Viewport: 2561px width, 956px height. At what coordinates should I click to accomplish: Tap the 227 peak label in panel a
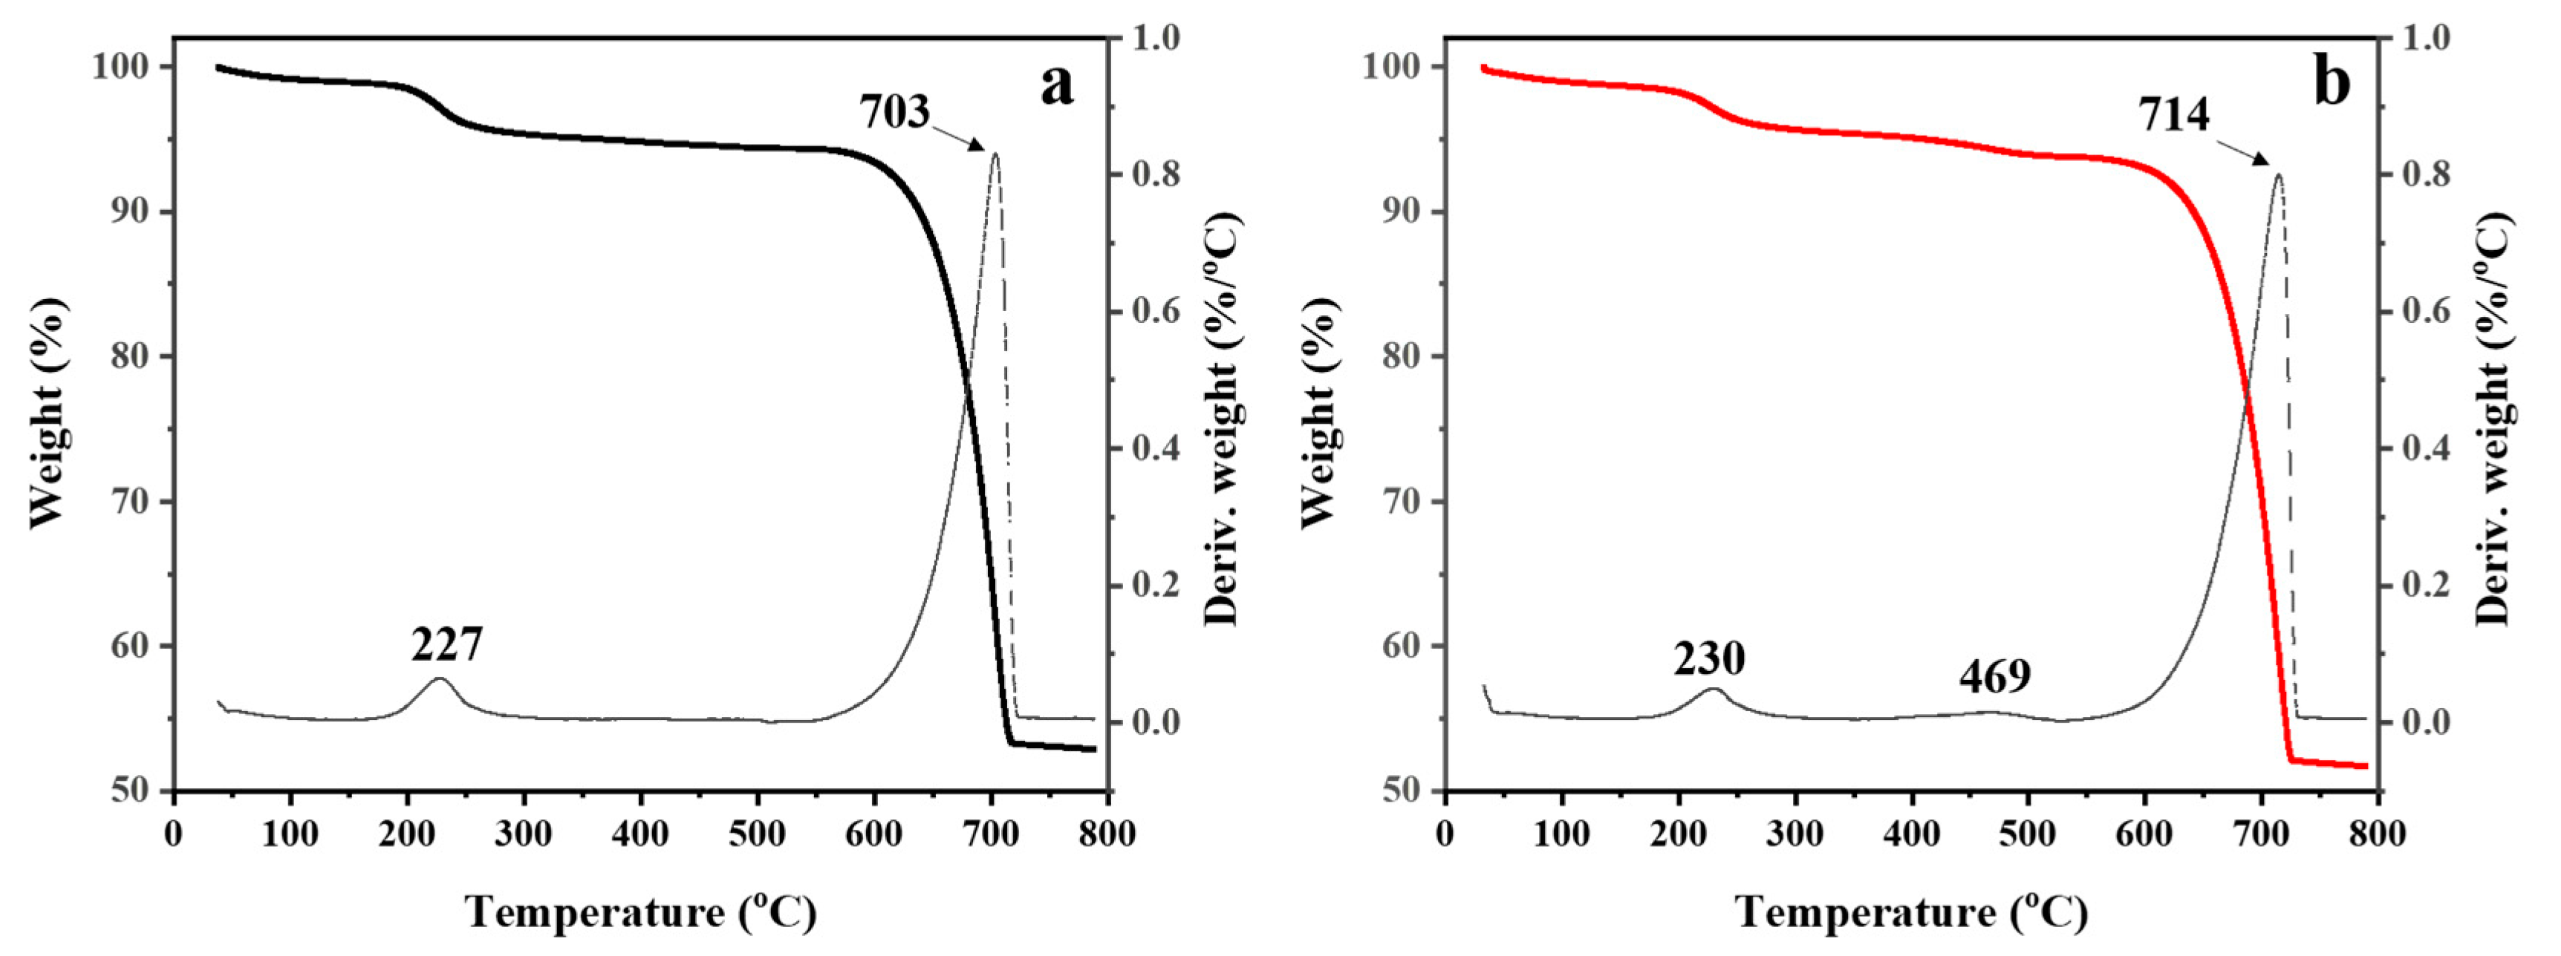click(446, 645)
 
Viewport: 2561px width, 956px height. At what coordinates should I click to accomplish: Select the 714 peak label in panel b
click(2174, 115)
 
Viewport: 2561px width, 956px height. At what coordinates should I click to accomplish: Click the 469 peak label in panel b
click(1994, 677)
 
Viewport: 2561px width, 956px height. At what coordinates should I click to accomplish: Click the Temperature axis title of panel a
click(641, 911)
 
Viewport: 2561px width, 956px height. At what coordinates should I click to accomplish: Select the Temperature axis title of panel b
click(1912, 911)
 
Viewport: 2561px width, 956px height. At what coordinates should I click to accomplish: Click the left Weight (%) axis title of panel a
click(48, 413)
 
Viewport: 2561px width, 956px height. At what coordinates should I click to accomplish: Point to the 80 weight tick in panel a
click(129, 357)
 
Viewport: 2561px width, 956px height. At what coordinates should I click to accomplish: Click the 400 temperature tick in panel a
click(640, 833)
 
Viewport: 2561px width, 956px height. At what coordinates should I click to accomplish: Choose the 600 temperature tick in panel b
click(2144, 833)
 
